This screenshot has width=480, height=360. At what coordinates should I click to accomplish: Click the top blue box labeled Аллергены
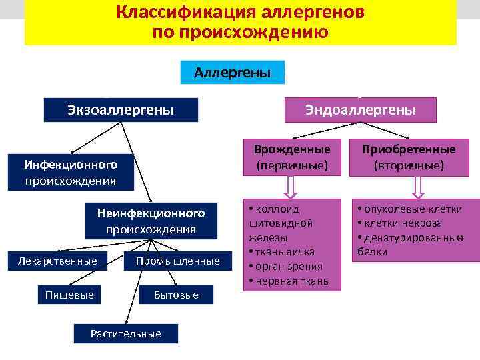click(x=233, y=73)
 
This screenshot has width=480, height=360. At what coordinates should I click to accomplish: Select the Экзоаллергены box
click(x=121, y=109)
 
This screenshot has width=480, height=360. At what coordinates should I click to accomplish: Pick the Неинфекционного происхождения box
click(x=151, y=221)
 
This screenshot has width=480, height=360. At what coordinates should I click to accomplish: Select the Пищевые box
click(x=69, y=294)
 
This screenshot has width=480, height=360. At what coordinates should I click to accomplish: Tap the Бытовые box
click(x=176, y=294)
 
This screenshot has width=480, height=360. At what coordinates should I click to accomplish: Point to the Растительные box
click(x=126, y=333)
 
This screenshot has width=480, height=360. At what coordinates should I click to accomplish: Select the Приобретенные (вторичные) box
click(x=409, y=157)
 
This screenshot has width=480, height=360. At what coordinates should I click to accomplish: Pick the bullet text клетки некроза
click(x=409, y=223)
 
